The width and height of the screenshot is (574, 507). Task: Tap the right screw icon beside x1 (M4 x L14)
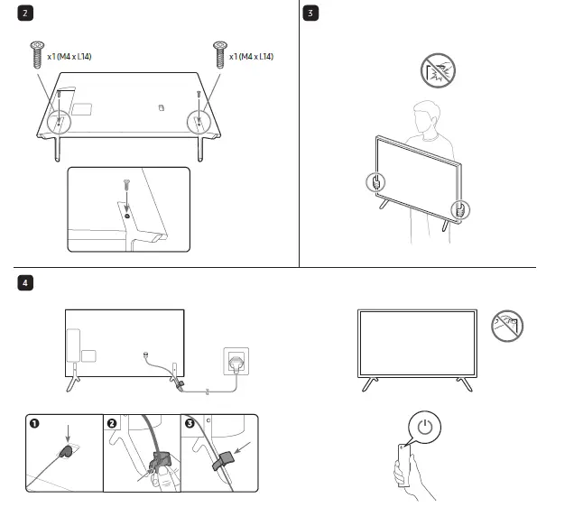pos(218,55)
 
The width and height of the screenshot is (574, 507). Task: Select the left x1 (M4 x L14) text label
pos(69,57)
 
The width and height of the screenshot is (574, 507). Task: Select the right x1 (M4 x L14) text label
pos(252,57)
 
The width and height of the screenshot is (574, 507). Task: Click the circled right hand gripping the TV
pos(461,211)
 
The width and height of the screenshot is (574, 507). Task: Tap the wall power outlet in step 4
pos(234,362)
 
